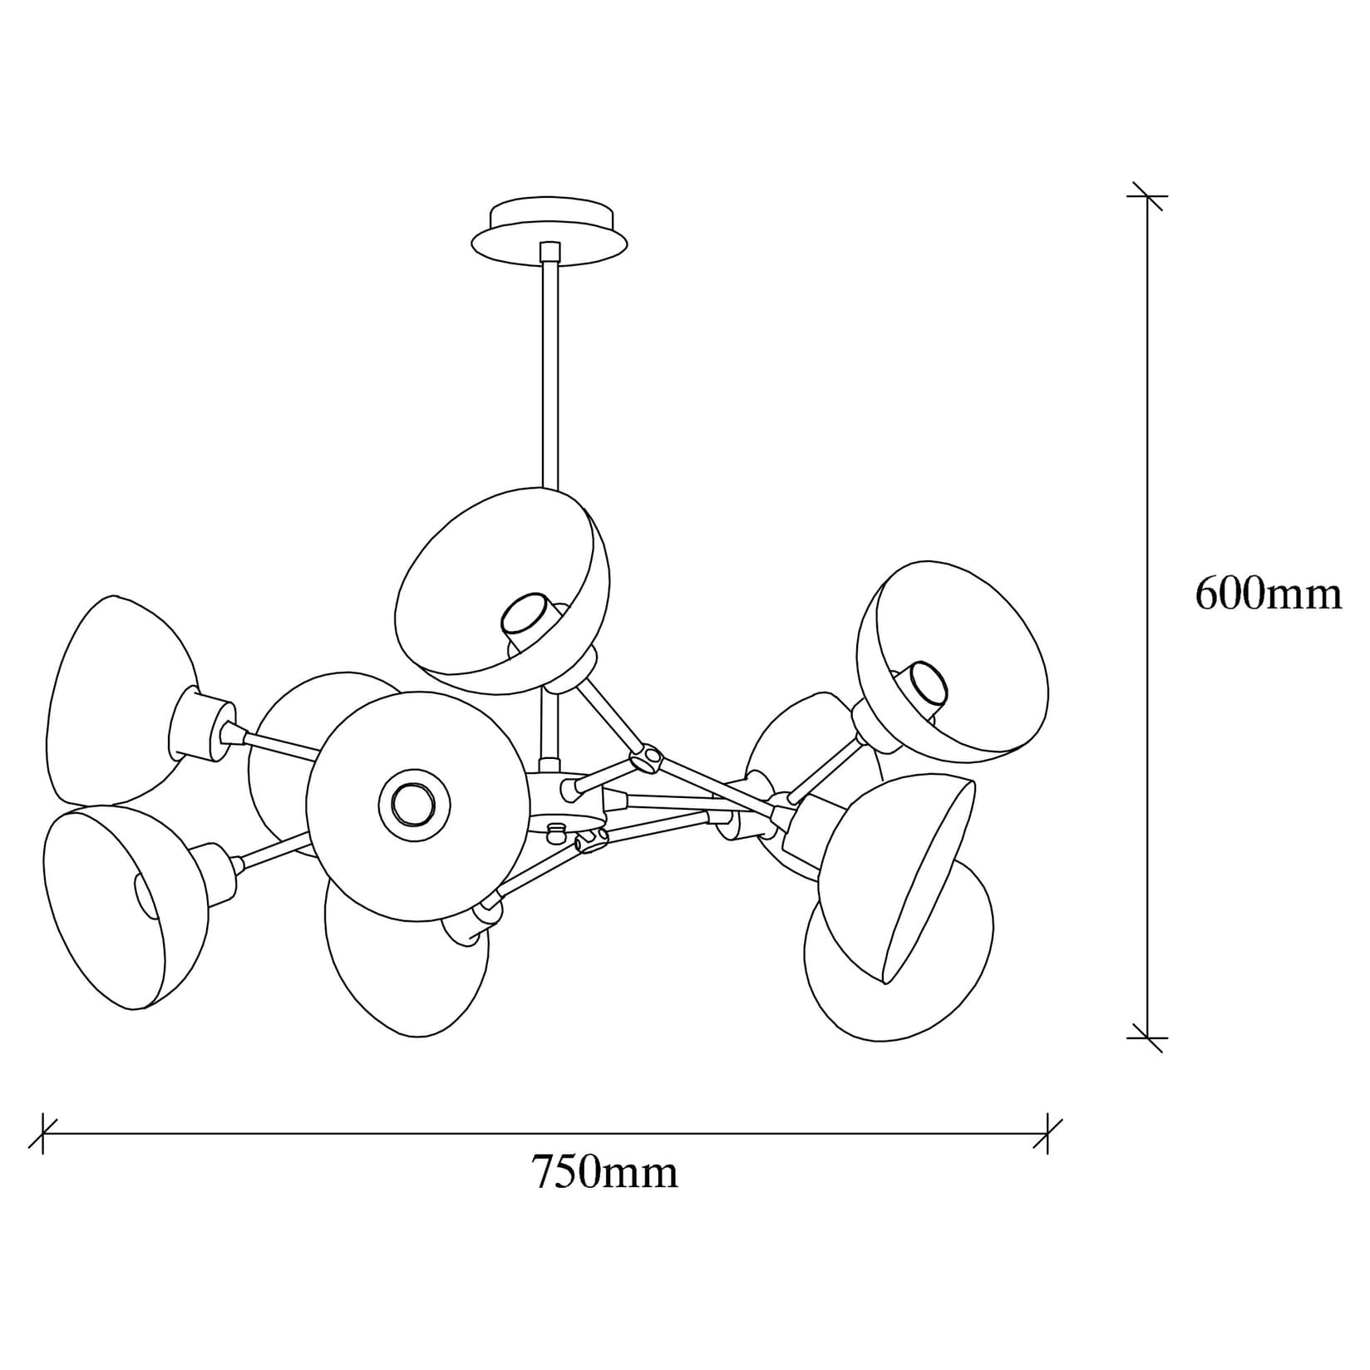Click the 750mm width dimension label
pos(604,1172)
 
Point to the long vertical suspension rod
pos(549,374)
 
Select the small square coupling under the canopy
pos(549,251)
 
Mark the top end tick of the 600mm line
pos(1147,196)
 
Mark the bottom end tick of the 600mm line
pos(1147,1038)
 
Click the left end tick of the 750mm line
pos(42,1133)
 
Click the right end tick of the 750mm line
pos(1047,1133)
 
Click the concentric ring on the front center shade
pos(414,805)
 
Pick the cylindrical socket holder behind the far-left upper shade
pos(200,725)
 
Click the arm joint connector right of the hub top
pos(646,759)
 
